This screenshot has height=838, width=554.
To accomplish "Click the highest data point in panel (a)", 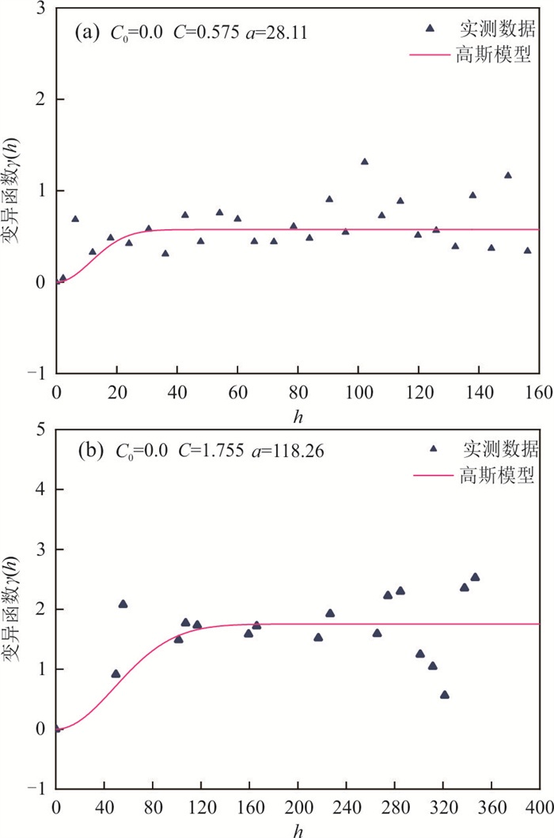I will tap(365, 161).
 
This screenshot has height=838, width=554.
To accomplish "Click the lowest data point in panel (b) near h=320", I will tap(445, 695).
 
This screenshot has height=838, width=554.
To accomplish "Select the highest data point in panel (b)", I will tap(475, 577).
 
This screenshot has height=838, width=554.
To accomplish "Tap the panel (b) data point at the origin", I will tap(57, 728).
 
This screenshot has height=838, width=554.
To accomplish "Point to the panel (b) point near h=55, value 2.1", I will tap(123, 604).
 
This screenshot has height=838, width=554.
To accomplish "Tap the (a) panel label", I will tap(85, 33).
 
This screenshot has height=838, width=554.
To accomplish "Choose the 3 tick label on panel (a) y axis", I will tap(38, 9).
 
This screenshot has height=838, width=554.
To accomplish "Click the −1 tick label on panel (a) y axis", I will tap(34, 373).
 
